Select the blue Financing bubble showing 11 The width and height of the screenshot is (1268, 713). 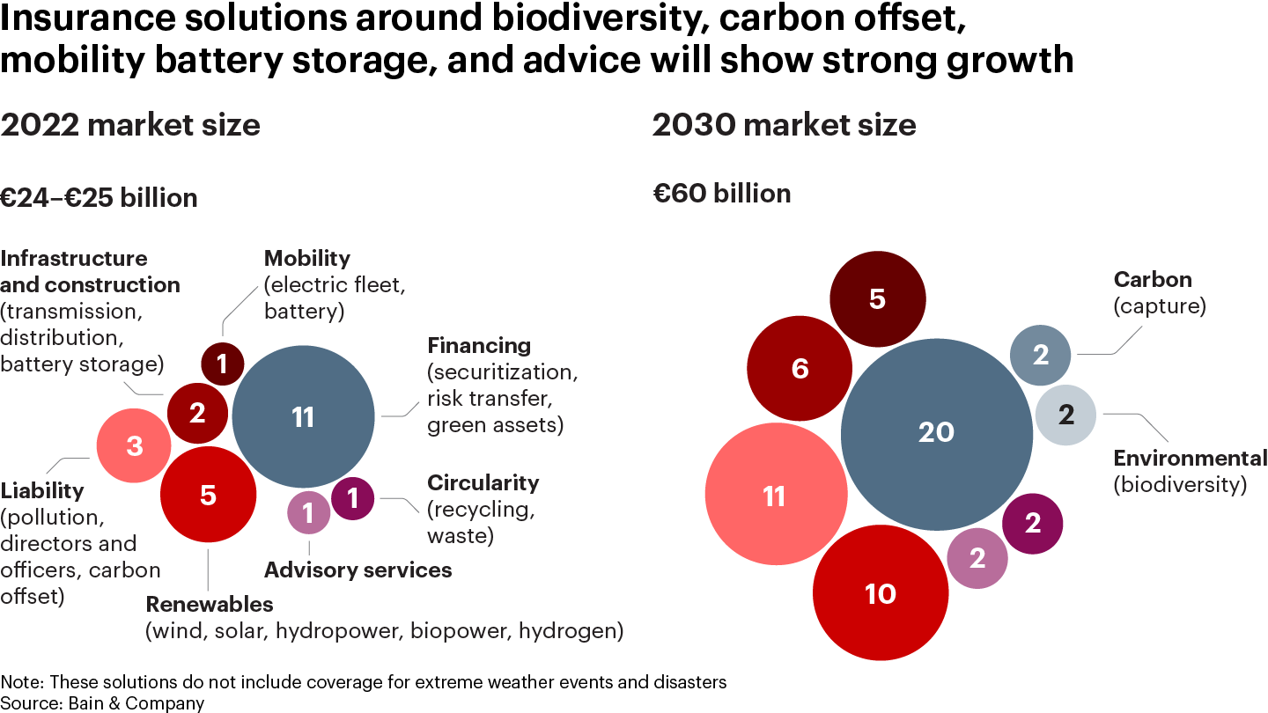tap(303, 417)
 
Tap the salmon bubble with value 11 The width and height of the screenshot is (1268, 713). tap(773, 497)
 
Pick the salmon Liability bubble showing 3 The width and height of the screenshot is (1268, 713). tap(134, 446)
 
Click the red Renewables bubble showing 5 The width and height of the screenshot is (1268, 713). tap(208, 496)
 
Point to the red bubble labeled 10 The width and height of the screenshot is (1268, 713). tap(881, 593)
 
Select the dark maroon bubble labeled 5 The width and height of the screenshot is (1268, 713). tap(877, 299)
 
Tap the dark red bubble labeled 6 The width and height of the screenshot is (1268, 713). tap(800, 368)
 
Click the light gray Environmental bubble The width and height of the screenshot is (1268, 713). tap(1065, 415)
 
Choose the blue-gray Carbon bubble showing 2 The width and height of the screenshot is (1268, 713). tap(1041, 356)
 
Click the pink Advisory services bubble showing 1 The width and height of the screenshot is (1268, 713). tap(309, 511)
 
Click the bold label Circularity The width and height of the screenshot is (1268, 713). tap(483, 483)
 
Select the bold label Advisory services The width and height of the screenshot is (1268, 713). tap(358, 570)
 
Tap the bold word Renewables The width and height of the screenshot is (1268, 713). tap(210, 605)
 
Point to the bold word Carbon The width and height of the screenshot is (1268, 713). tap(1153, 280)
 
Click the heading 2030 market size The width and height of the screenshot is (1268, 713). tap(784, 125)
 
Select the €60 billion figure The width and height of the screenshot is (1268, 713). tap(721, 193)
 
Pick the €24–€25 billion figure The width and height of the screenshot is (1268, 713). tap(99, 198)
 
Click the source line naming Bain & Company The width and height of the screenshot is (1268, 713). tap(102, 702)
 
